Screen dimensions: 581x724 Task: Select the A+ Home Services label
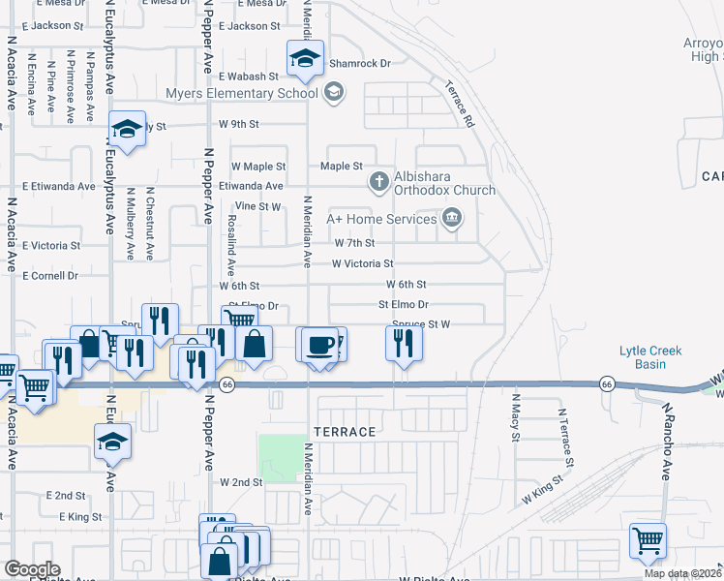(381, 219)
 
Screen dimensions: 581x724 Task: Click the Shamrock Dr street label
(359, 63)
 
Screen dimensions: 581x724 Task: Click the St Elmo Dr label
(403, 305)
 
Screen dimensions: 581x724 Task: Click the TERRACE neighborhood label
(343, 431)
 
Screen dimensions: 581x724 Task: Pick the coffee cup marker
(317, 346)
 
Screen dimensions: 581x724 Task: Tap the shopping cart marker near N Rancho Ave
(649, 540)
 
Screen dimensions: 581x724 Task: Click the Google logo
(32, 568)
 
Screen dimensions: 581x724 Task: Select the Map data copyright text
(682, 573)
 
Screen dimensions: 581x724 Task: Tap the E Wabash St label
(249, 76)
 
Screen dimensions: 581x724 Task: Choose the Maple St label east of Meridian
(349, 167)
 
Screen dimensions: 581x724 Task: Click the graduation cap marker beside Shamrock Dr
(305, 59)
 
